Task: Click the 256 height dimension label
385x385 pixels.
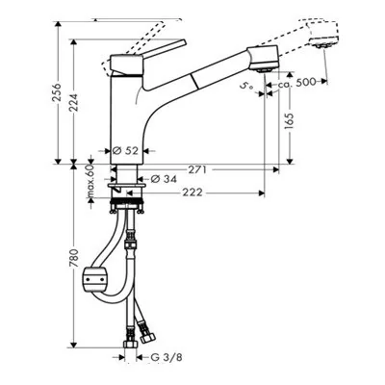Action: tap(57, 93)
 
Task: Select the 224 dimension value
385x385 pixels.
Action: tap(73, 102)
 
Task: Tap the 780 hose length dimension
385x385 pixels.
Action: tap(73, 258)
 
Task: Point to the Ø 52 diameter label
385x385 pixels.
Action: tap(125, 150)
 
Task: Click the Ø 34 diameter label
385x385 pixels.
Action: tap(164, 179)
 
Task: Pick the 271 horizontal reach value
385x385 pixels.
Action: tap(196, 169)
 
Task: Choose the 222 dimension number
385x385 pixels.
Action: tap(192, 192)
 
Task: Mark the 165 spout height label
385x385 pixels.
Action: tap(290, 121)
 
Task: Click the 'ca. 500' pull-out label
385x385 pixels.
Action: tap(296, 83)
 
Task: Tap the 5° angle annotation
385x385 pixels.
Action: tap(247, 86)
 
